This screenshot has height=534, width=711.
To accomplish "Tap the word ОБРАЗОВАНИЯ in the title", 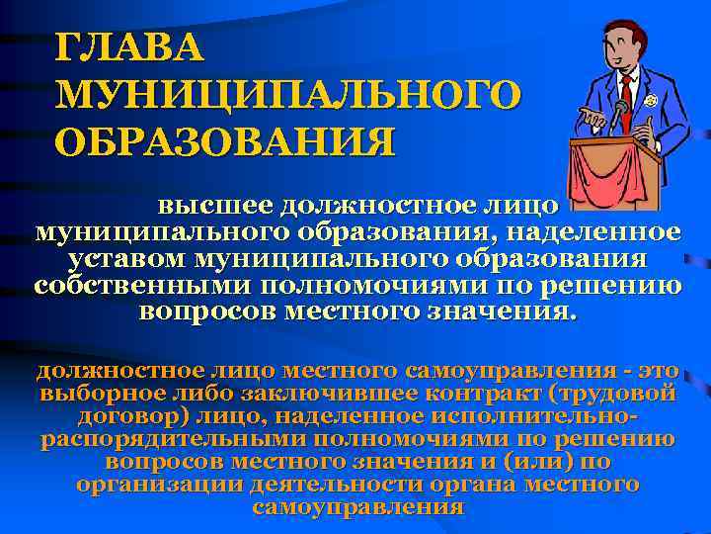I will coord(226,139).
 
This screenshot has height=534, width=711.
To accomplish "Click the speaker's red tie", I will coord(625,93).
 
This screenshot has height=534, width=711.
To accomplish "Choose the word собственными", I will coord(144,286).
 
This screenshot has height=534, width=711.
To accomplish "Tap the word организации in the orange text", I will coord(164,485).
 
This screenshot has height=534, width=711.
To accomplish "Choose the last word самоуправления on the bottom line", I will coord(357,507).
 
